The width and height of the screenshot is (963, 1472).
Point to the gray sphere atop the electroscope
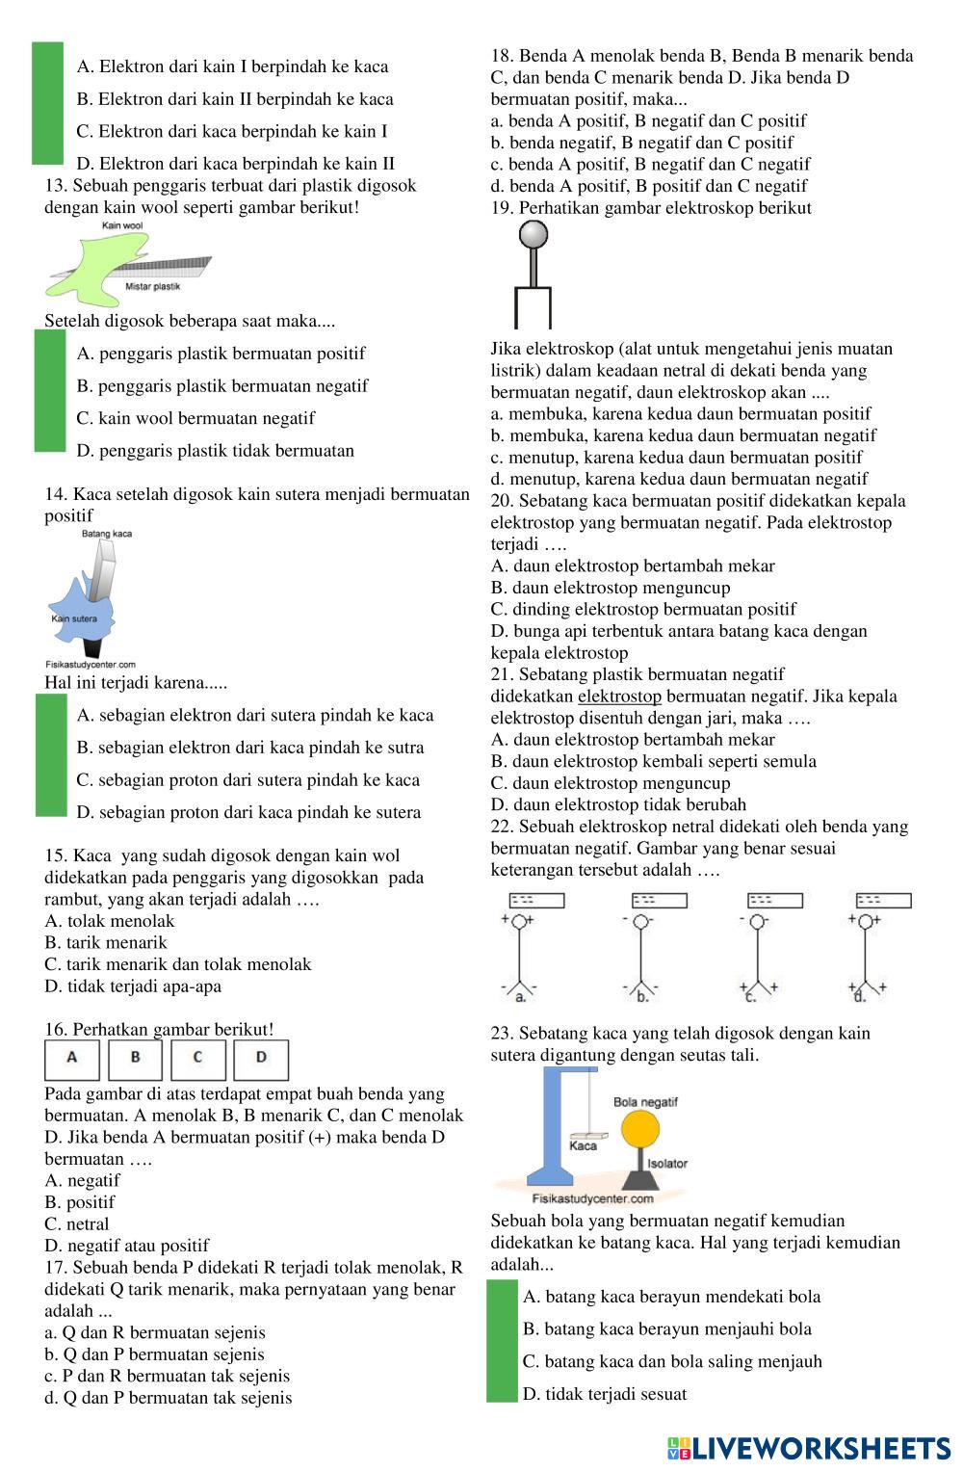point(534,234)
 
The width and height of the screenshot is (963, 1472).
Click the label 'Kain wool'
point(122,225)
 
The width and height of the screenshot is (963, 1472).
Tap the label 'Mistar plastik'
point(152,287)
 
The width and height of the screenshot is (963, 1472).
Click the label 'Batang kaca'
point(107,534)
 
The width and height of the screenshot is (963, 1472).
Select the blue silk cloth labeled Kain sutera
point(82,607)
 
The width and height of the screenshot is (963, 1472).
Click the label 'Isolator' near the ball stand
point(667,1164)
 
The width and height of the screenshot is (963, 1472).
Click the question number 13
point(55,186)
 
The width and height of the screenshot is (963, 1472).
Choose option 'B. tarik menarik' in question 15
point(106,943)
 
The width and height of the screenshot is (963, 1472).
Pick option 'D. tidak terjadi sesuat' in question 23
point(605,1394)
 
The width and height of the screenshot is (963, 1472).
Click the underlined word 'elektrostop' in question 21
point(619,697)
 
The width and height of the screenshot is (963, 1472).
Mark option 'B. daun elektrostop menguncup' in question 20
point(611,588)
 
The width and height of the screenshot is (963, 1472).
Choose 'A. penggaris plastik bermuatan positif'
point(221,354)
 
